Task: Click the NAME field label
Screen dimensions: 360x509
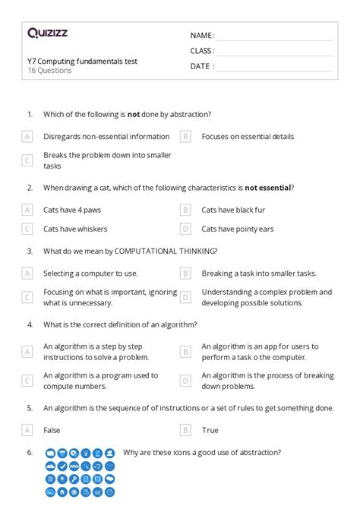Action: [x=202, y=35]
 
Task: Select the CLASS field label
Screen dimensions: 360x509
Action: [x=202, y=51]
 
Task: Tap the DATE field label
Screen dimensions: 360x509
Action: [x=201, y=66]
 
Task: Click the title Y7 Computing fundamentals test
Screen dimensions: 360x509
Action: [x=82, y=61]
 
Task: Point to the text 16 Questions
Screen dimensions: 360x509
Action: [x=49, y=71]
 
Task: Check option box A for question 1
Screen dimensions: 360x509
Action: [x=27, y=137]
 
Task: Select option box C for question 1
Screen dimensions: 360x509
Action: [x=27, y=160]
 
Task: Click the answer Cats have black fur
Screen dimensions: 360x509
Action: [x=233, y=210]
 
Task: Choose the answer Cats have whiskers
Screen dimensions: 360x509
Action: [x=75, y=229]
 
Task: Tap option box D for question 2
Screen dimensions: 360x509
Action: [x=185, y=229]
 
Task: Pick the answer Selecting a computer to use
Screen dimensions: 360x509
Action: [x=90, y=273]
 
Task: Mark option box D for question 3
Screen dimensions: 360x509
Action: [x=185, y=297]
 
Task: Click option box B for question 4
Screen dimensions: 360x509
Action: [x=185, y=352]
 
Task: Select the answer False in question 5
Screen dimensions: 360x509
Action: [x=52, y=430]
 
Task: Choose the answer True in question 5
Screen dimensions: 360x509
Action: [x=210, y=430]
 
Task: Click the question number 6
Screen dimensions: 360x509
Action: [x=29, y=452]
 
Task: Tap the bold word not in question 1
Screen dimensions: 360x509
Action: [x=133, y=115]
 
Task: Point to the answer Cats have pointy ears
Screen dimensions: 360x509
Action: [x=238, y=229]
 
